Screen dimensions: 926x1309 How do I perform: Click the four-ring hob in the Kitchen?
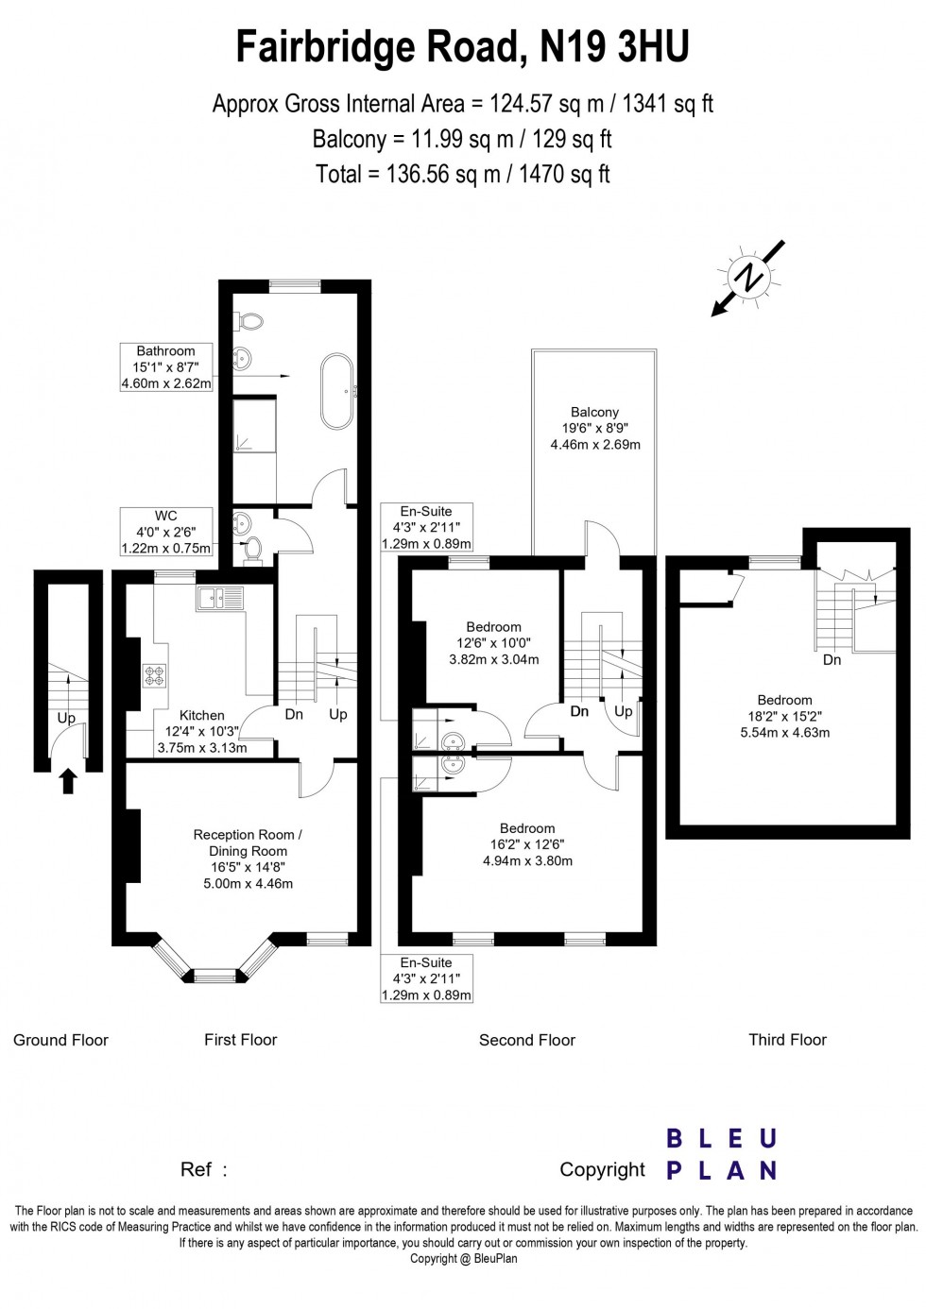(x=155, y=675)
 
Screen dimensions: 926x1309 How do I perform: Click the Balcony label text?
(x=594, y=412)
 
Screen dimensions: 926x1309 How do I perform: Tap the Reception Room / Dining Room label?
(x=248, y=842)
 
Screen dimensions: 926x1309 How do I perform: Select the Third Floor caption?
(x=787, y=1040)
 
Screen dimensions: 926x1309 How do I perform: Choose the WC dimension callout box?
(x=166, y=532)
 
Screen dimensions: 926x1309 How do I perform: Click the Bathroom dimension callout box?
(x=166, y=367)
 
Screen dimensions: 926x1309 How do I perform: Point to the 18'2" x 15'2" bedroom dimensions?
(x=785, y=716)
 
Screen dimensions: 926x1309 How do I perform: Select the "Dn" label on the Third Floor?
(x=832, y=660)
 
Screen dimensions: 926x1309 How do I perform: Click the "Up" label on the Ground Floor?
(x=66, y=717)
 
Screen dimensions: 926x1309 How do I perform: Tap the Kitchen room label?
(x=202, y=715)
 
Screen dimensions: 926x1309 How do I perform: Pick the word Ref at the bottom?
(x=196, y=1169)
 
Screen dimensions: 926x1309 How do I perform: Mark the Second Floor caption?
(x=526, y=1040)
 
